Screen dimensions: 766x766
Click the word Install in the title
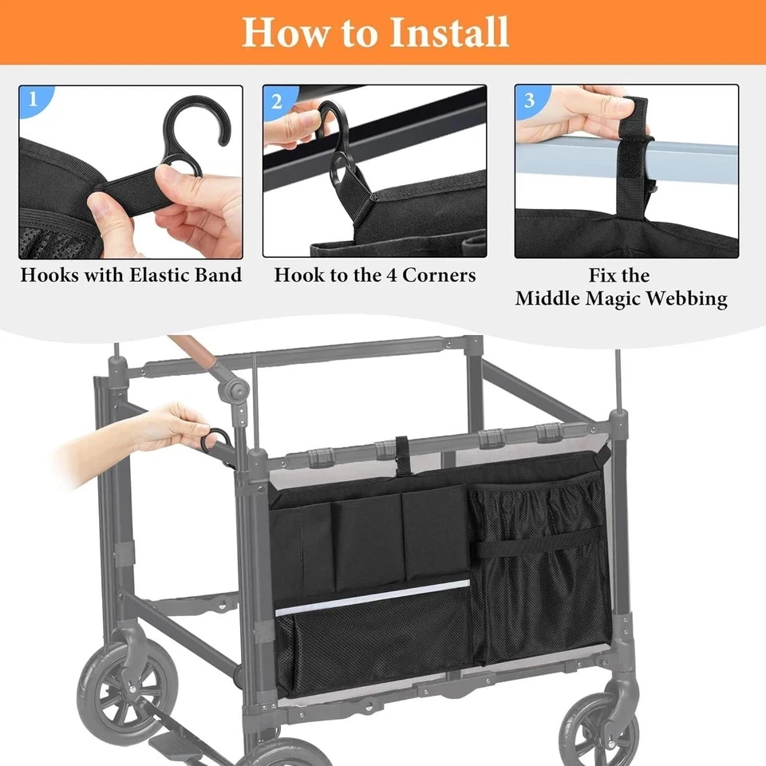click(450, 31)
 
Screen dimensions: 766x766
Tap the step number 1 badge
click(33, 100)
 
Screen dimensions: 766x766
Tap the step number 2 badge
click(277, 101)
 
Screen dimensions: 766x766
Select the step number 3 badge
click(529, 100)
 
